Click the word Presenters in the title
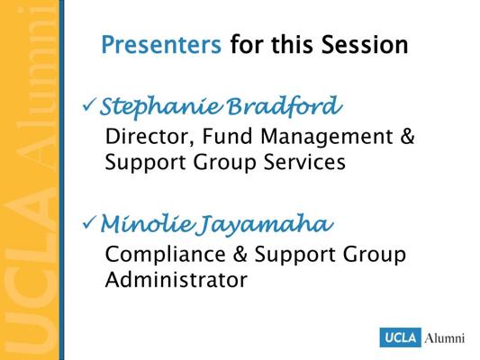point(161,45)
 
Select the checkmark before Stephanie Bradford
point(89,105)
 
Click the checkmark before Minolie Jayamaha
point(89,222)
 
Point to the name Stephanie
point(161,107)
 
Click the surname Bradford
point(285,106)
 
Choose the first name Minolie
point(148,223)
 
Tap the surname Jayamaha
point(264,225)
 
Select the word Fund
point(227,136)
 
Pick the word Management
point(327,137)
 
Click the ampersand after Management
point(407,136)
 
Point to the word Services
point(305,161)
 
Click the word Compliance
point(166,255)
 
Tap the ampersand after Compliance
point(240,254)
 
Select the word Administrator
point(177,279)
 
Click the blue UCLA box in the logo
point(401,337)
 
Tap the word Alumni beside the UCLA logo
point(445,338)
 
